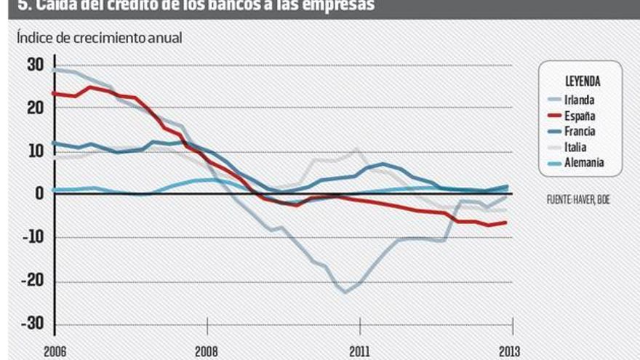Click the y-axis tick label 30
click(x=36, y=65)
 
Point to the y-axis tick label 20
click(x=36, y=108)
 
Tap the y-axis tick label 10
click(x=36, y=151)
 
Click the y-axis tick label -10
click(x=33, y=237)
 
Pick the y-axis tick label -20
click(x=33, y=280)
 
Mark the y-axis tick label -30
click(x=33, y=323)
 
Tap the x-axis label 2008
click(x=207, y=351)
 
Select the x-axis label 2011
click(x=359, y=351)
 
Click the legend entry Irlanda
click(x=579, y=101)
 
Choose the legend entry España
click(x=579, y=116)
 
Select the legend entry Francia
click(x=580, y=132)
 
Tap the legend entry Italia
click(x=575, y=147)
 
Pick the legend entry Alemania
click(x=583, y=163)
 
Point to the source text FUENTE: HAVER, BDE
click(x=577, y=199)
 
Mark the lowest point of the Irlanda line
click(x=345, y=292)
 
